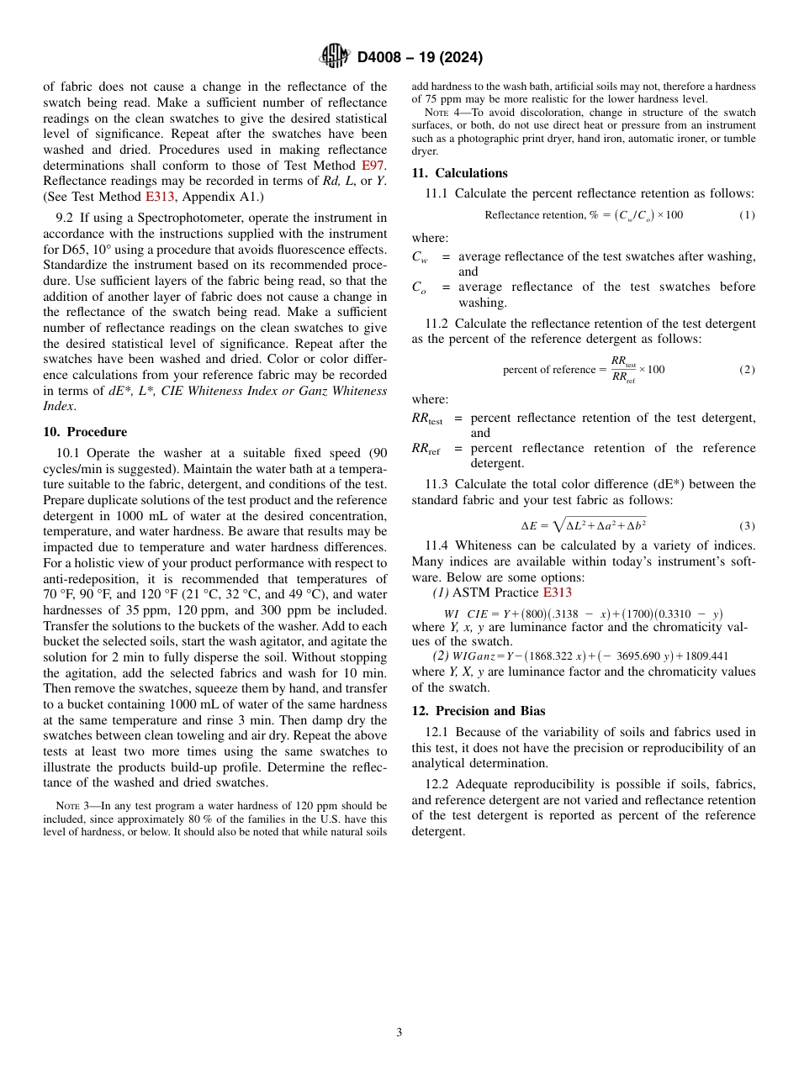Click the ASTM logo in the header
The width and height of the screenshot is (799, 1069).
335,57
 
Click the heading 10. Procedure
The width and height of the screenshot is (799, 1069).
85,432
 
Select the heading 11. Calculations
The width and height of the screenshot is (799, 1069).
459,173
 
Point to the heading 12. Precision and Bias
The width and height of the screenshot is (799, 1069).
478,711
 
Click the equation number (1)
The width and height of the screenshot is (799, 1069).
746,215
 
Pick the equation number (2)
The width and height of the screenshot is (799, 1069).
746,370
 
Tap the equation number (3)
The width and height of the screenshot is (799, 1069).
746,526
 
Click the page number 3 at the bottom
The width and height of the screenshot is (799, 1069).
399,1032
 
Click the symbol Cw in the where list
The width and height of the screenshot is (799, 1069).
420,258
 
